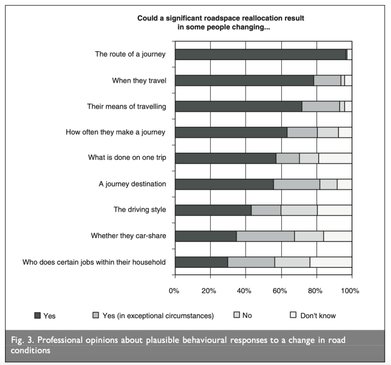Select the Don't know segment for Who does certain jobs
click(x=331, y=262)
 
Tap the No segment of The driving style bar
click(x=299, y=210)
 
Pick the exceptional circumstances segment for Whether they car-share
click(x=265, y=236)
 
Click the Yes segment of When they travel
click(x=244, y=80)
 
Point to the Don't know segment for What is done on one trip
click(x=335, y=158)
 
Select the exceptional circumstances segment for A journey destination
click(x=297, y=184)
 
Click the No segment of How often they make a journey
click(x=328, y=132)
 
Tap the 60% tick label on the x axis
click(x=281, y=291)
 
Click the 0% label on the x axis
click(x=175, y=291)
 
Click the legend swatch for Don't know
click(x=293, y=315)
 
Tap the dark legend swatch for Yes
click(x=38, y=315)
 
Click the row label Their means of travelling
click(x=127, y=106)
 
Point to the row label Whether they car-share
click(x=128, y=236)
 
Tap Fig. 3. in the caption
click(x=24, y=340)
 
